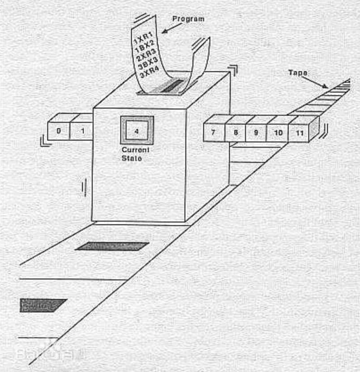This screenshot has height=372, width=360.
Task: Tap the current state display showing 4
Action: click(137, 131)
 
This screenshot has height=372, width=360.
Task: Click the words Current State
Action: click(135, 154)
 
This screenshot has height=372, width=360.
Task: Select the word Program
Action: click(188, 19)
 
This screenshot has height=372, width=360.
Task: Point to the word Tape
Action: click(297, 73)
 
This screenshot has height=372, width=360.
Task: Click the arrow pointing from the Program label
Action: click(170, 28)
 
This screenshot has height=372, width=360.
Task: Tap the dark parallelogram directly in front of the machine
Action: click(112, 246)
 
